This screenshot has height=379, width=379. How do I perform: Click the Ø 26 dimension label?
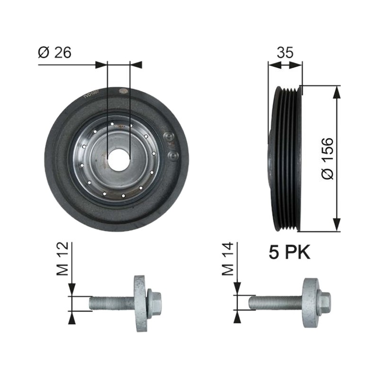pyautogui.click(x=54, y=53)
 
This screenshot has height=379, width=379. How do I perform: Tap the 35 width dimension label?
pyautogui.click(x=285, y=53)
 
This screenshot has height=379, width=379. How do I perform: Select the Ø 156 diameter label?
pyautogui.click(x=327, y=159)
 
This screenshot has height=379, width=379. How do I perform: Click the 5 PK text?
pyautogui.click(x=289, y=253)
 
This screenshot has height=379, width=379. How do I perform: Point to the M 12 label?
pyautogui.click(x=63, y=259)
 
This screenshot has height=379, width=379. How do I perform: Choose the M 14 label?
pyautogui.click(x=228, y=259)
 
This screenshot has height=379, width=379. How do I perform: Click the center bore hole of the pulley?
pyautogui.click(x=118, y=160)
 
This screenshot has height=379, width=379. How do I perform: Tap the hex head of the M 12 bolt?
pyautogui.click(x=154, y=303)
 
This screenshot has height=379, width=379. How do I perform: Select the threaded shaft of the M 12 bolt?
pyautogui.click(x=112, y=303)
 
